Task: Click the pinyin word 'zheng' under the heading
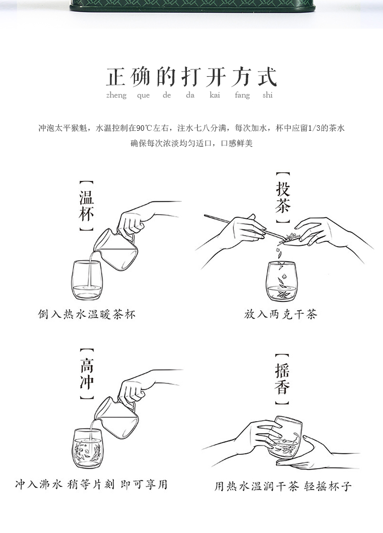pos(116,96)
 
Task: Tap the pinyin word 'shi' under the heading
pos(268,95)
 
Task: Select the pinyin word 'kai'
pos(214,95)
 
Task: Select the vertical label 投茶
pos(282,198)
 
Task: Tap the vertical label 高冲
pos(87,374)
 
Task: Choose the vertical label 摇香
pos(282,379)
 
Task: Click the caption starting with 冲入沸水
pos(91,484)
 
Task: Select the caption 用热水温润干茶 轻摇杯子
pos(282,486)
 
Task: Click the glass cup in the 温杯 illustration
pos(86,280)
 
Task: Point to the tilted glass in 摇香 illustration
pos(284,438)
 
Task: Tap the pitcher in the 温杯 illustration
pos(117,249)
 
